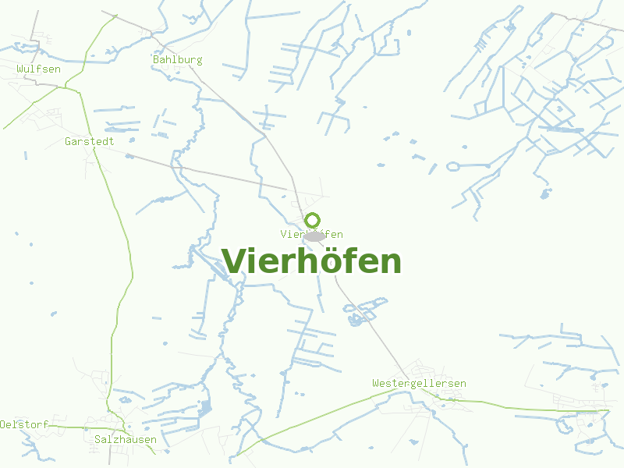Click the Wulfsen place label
click(x=39, y=69)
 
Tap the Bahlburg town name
click(x=178, y=59)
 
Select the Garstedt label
click(x=90, y=141)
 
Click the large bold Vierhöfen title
click(x=311, y=261)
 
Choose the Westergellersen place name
click(x=419, y=383)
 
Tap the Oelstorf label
click(x=24, y=424)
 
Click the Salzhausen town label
click(x=125, y=439)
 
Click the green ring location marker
click(x=313, y=220)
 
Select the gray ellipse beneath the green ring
click(x=314, y=236)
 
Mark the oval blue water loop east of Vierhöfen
click(x=452, y=166)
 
